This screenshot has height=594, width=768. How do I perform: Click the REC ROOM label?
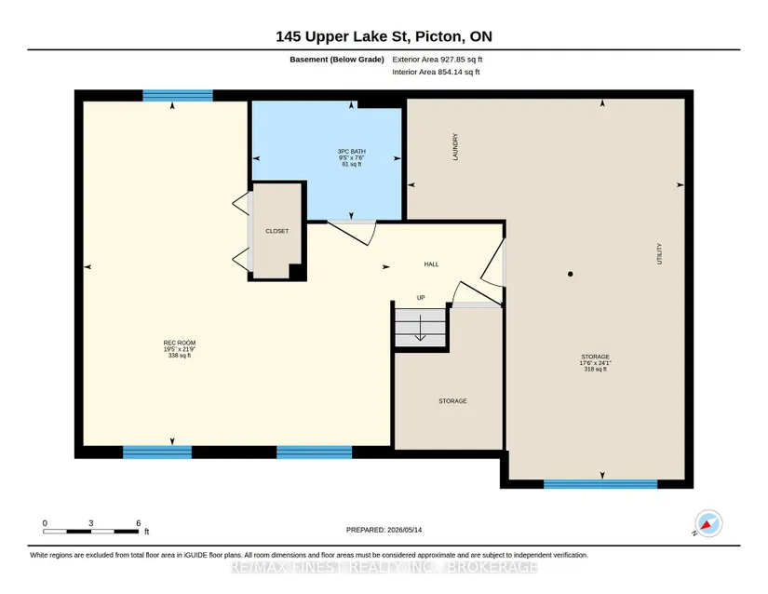click(180, 343)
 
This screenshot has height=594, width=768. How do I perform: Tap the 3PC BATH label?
click(352, 152)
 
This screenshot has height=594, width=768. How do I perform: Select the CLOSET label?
click(277, 231)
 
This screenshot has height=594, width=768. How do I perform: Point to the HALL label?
click(432, 264)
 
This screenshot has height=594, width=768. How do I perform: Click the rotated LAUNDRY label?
click(455, 147)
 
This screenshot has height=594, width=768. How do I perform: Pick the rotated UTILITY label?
click(659, 253)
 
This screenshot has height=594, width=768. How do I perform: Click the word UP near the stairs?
click(421, 298)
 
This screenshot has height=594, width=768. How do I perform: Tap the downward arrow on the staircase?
click(420, 328)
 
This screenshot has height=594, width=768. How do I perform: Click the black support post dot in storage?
click(570, 275)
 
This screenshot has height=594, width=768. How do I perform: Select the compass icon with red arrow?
click(708, 523)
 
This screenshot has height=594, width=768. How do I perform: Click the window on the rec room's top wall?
click(178, 96)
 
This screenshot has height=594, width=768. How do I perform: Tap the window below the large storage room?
click(600, 484)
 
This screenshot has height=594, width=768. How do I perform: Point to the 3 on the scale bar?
click(91, 523)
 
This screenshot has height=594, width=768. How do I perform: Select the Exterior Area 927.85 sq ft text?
click(438, 60)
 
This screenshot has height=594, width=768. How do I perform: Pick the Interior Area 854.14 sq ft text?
click(436, 72)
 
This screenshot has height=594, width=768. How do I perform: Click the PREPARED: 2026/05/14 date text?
click(384, 530)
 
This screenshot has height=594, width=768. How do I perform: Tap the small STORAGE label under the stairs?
click(452, 401)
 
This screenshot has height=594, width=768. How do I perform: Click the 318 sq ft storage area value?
click(596, 370)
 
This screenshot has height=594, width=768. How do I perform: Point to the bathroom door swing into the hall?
click(353, 233)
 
